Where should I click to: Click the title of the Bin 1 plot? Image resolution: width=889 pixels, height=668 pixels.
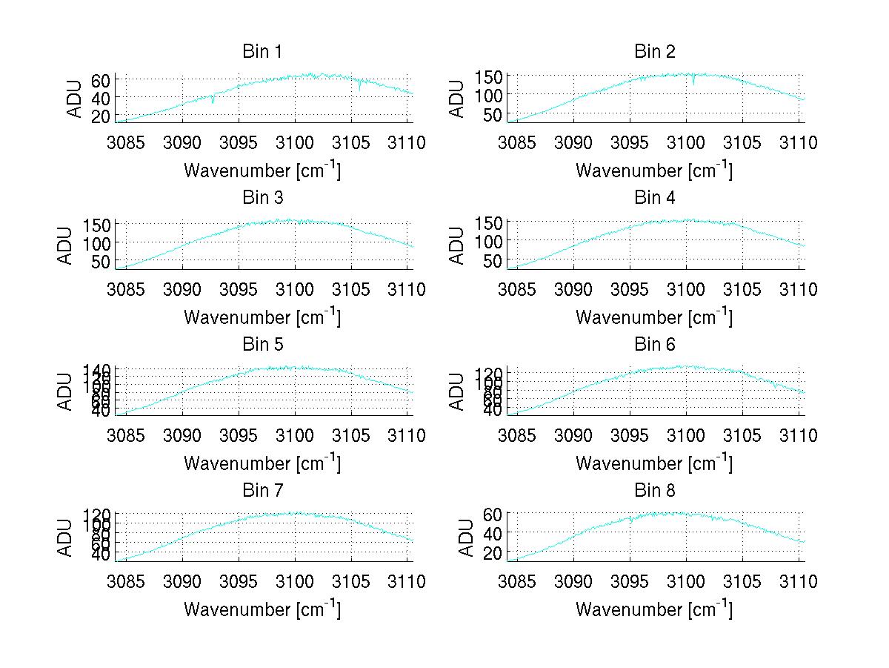pyautogui.click(x=262, y=52)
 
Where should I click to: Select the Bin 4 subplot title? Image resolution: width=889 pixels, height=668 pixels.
pyautogui.click(x=655, y=198)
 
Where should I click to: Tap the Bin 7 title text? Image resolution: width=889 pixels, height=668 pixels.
pyautogui.click(x=262, y=491)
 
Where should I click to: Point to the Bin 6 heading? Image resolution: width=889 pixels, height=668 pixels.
pyautogui.click(x=655, y=345)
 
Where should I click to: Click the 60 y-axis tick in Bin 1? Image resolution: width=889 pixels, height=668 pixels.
pyautogui.click(x=101, y=80)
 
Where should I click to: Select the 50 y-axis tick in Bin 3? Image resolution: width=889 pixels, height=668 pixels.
pyautogui.click(x=101, y=261)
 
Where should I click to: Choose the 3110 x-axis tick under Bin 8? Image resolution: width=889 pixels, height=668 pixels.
pyautogui.click(x=799, y=582)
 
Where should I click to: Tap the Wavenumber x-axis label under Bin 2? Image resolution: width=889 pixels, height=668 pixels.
pyautogui.click(x=654, y=171)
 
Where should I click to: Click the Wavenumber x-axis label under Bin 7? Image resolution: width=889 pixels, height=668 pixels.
pyautogui.click(x=262, y=609)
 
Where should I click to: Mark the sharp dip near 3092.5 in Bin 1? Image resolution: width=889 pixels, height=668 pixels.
pyautogui.click(x=213, y=102)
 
